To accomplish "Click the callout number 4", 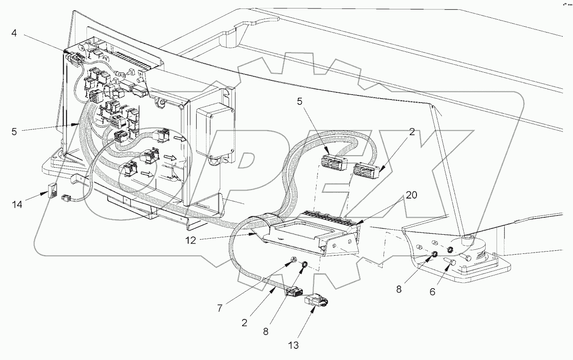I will click(x=14, y=33).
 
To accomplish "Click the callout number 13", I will click(x=293, y=345).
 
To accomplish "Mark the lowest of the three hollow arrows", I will click(x=146, y=174).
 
